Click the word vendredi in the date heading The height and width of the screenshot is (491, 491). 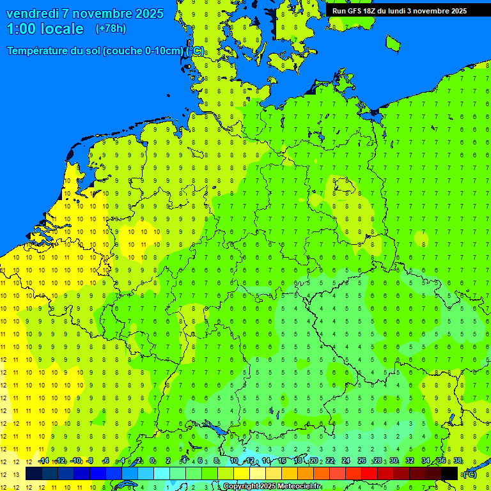(x=33, y=13)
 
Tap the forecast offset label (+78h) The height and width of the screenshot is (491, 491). (x=111, y=29)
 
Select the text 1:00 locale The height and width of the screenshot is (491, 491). (x=45, y=29)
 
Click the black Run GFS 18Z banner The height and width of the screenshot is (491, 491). (x=400, y=11)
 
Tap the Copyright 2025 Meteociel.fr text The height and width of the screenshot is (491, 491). (x=271, y=487)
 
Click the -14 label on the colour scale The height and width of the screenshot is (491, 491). (x=43, y=460)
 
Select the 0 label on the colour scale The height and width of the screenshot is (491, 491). (x=152, y=460)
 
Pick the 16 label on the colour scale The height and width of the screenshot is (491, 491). (x=282, y=460)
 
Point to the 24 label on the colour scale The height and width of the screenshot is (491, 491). (x=346, y=460)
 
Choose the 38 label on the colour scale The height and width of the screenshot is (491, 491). (x=458, y=460)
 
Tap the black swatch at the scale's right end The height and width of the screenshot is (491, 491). (x=449, y=474)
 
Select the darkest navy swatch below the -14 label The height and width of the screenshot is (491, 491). (x=34, y=474)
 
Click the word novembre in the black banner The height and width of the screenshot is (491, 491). (x=431, y=11)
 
